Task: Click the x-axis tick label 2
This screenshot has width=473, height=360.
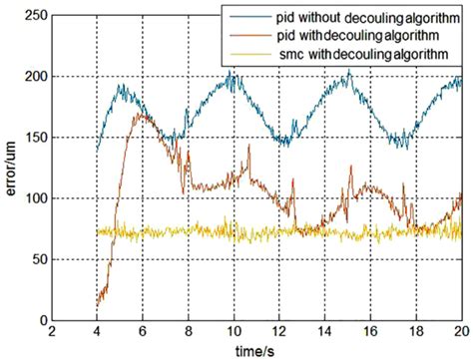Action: (52, 333)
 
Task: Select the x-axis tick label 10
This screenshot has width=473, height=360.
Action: (234, 333)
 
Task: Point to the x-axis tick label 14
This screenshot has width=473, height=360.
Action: (324, 333)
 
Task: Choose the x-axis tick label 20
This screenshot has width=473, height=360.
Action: (459, 333)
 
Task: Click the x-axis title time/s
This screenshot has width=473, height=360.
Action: (255, 350)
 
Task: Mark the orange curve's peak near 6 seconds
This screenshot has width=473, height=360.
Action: (141, 115)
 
